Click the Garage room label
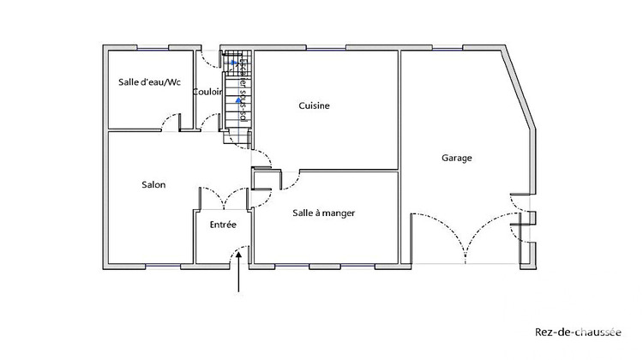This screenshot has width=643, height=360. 457,158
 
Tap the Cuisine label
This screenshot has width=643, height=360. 314,106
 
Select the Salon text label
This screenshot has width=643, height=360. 153,184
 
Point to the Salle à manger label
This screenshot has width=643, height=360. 323,213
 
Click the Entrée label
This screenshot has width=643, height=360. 223,224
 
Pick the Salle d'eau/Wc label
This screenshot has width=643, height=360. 149,82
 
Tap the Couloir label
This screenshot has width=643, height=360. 207,92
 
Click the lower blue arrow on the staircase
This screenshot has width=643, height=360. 237,100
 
